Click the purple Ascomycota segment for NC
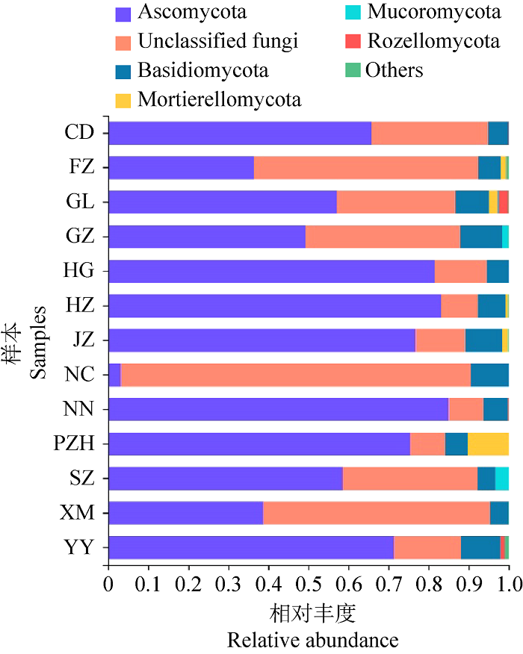click(115, 375)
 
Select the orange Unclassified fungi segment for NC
click(295, 375)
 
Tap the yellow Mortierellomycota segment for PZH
click(488, 444)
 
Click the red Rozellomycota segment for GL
click(503, 202)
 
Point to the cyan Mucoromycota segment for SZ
click(502, 479)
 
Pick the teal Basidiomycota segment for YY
click(480, 547)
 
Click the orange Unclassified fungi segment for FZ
click(366, 168)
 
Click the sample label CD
click(79, 134)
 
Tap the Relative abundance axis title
click(312, 640)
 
